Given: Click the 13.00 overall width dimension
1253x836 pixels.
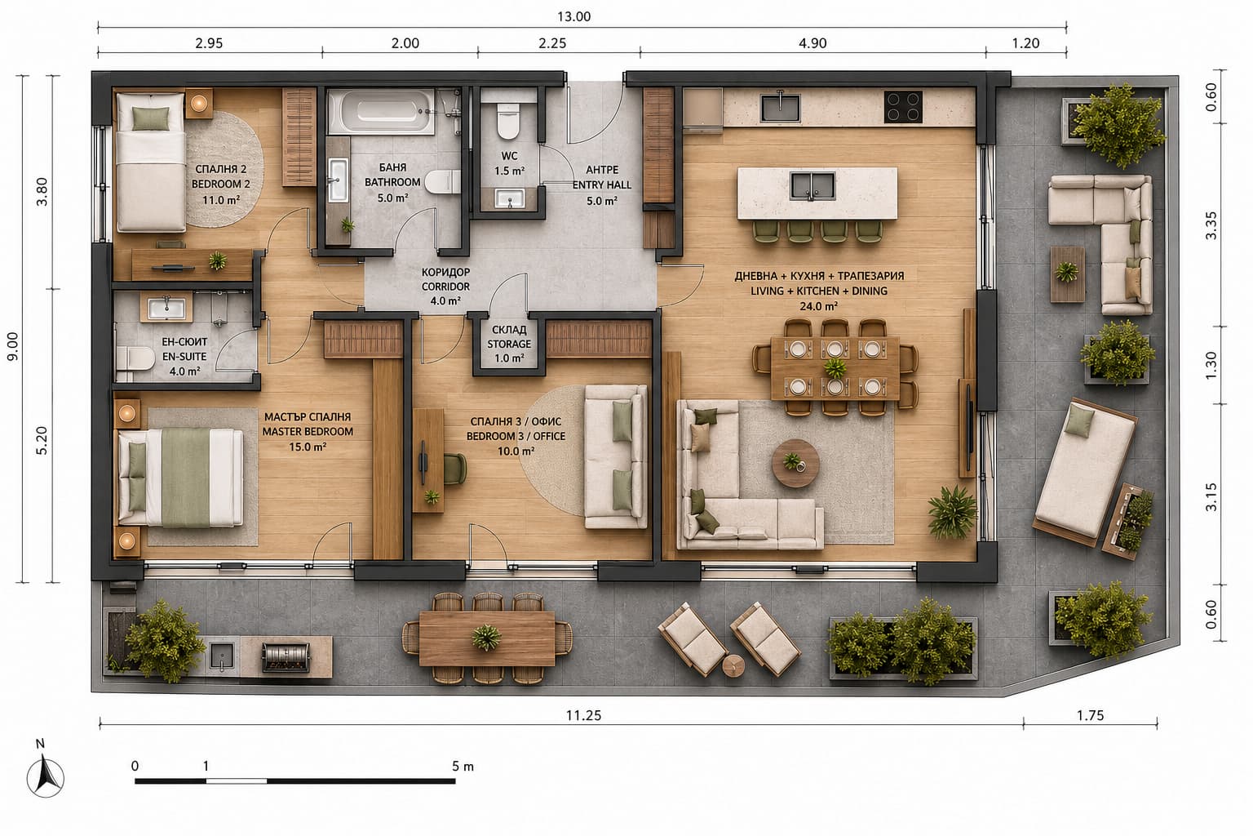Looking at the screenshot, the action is (573, 17).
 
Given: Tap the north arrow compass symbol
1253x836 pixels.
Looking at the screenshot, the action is (46, 775).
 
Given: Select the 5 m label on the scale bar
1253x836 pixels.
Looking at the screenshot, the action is (463, 766).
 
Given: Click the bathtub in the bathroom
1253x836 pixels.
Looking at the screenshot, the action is (381, 111).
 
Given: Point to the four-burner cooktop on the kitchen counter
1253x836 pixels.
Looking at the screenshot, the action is (903, 106).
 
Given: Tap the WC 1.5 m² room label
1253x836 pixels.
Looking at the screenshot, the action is (509, 163).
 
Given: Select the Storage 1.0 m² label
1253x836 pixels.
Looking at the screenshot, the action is (509, 344).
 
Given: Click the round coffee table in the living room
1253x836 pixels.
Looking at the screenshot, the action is (796, 463).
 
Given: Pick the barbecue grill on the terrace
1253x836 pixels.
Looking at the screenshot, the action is (286, 657).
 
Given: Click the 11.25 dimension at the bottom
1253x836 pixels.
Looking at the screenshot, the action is (583, 715).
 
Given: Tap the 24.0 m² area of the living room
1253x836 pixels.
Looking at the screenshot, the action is (818, 306).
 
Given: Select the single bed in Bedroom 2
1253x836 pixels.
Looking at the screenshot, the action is (150, 162).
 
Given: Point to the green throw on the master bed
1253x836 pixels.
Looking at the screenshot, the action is (186, 478).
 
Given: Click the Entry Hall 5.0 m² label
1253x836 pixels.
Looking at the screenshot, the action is (602, 185).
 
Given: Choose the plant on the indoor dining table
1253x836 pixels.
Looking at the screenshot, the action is (835, 368).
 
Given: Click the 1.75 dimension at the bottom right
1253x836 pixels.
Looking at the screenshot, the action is (1090, 715).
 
